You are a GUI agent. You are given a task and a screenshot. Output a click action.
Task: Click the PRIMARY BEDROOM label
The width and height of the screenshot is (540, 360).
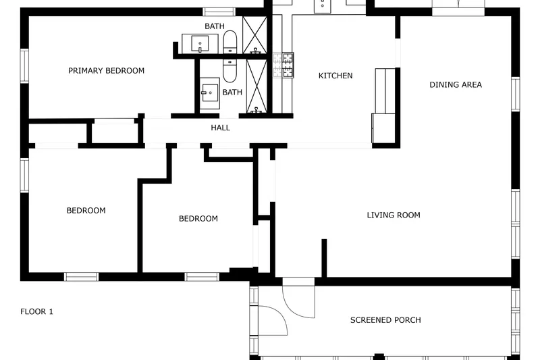coord(106,71)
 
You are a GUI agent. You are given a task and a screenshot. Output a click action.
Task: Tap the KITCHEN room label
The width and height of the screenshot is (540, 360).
coord(335,76)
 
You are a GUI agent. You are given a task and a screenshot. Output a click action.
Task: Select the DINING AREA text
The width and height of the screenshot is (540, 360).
coord(456,84)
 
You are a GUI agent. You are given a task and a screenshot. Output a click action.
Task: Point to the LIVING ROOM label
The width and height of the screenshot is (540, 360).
coord(394,215)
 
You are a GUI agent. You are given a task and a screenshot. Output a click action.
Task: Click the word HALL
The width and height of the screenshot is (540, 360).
coord(221,128)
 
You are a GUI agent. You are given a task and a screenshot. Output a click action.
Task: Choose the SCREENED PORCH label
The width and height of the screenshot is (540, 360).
coord(385,320)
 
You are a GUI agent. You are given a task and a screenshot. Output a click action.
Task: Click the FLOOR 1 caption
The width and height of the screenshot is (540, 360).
coord(37,312)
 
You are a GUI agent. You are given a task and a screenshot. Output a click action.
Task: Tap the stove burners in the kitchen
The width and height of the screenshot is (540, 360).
coord(283,65)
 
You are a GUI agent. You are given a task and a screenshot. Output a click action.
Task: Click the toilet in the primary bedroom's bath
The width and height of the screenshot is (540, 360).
coord(230,42)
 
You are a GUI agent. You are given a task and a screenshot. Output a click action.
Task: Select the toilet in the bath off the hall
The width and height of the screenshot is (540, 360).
coord(230,71)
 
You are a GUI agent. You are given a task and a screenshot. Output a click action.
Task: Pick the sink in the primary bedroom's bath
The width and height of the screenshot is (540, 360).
coord(200,44)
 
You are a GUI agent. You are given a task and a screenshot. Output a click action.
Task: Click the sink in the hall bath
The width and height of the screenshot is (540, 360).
coord(209,93)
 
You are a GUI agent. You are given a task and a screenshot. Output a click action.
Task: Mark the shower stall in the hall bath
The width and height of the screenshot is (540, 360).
coord(256,86)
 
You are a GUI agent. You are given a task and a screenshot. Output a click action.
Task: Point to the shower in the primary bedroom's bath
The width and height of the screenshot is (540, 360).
coord(255,35)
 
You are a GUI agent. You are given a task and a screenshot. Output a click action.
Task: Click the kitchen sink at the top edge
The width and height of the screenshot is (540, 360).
coord(323,6)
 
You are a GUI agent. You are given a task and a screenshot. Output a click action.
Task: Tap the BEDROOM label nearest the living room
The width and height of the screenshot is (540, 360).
coord(198,219)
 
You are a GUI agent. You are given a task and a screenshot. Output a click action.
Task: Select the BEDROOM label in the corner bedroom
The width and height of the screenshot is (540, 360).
coord(86,211)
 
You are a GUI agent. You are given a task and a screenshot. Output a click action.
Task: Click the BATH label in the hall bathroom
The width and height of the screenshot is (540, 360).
coord(232,93)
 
